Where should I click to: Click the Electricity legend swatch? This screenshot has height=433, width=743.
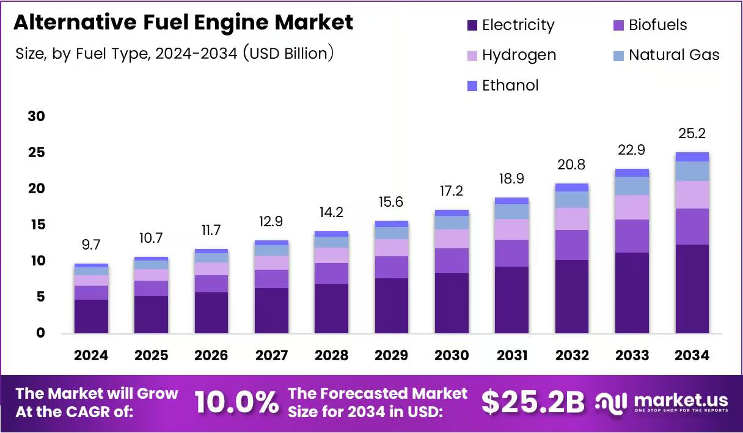(472, 25)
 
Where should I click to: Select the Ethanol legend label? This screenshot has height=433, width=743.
(510, 86)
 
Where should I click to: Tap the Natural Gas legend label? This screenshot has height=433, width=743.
(674, 54)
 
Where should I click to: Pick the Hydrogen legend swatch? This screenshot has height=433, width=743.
(472, 56)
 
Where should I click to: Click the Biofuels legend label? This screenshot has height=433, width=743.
(657, 25)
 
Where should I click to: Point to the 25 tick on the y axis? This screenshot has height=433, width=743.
(37, 152)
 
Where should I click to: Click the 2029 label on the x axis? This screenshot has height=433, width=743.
(392, 355)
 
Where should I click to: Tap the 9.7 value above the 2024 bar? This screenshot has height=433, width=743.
(91, 245)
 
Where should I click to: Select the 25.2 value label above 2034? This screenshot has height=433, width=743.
(692, 133)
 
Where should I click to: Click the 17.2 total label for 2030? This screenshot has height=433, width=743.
(452, 191)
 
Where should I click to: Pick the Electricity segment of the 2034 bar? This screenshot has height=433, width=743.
(692, 289)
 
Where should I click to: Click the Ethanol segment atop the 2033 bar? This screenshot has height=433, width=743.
(632, 172)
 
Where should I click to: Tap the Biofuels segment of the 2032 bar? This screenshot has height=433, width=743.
(572, 245)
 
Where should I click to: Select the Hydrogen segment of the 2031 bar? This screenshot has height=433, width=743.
(511, 229)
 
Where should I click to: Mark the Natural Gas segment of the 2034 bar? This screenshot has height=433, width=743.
(692, 171)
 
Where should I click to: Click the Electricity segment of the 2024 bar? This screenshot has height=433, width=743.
(91, 316)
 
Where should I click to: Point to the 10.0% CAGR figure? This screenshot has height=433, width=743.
(236, 402)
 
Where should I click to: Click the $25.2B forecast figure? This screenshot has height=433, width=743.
(533, 402)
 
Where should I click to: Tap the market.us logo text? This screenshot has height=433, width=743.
(681, 401)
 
